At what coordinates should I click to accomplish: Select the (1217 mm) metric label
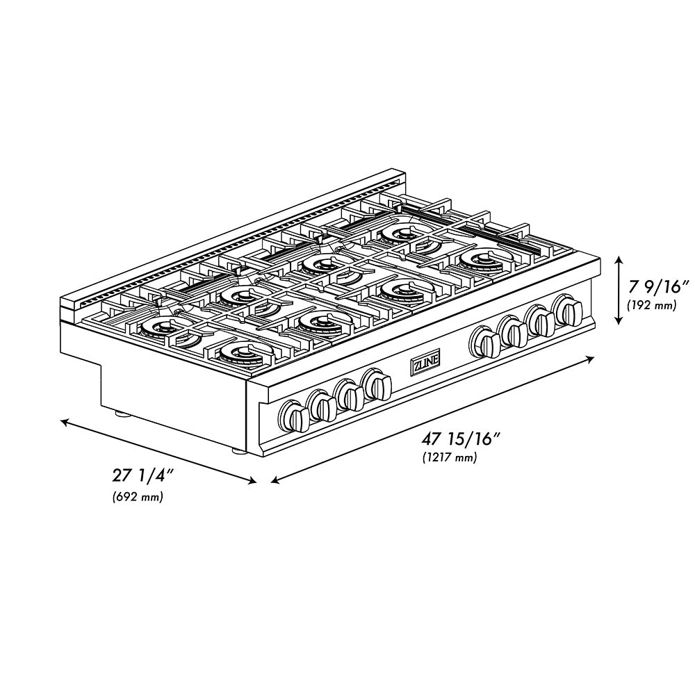click(449, 457)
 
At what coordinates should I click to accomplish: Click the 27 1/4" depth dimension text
click(142, 476)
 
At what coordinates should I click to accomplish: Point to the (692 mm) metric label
click(138, 497)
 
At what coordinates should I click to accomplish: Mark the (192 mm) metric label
click(651, 304)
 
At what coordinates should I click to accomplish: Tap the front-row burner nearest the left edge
click(240, 352)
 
